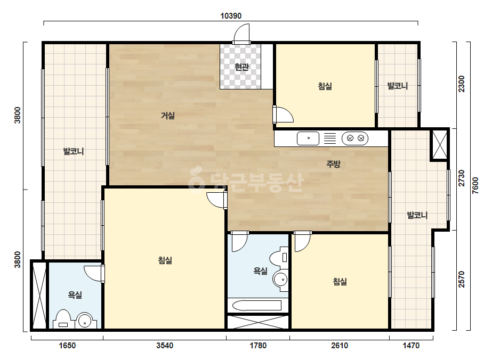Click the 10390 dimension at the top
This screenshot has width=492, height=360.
pos(231,15)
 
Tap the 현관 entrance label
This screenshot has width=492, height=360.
pos(241,67)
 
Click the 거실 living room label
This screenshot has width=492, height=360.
pos(168,116)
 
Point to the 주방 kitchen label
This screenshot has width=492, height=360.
pos(333,163)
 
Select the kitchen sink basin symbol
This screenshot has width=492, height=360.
pos(308,138)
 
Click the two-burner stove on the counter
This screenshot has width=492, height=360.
pos(355,138)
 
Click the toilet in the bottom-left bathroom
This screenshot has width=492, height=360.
pos(63,319)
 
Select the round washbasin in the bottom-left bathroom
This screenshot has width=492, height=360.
pos(85,320)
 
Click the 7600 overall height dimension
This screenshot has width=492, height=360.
pos(475,186)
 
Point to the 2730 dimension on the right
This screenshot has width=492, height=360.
pos(462,178)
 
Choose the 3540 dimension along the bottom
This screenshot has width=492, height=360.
pos(165,346)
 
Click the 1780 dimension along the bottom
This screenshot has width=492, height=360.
pos(258,346)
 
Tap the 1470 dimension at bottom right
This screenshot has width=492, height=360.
pos(411,346)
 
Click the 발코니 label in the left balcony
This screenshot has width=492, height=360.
pos(74,151)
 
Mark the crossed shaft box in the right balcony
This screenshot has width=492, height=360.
pos(440,144)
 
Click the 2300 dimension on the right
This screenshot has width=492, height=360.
pos(462,84)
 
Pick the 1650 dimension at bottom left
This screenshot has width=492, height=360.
pos(68,346)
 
